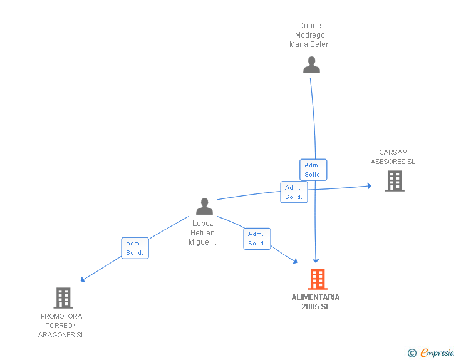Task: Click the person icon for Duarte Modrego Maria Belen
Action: coord(311,65)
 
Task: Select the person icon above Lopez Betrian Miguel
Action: coord(204,206)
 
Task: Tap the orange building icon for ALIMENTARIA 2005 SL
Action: coord(318,279)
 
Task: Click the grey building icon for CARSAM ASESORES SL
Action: coord(394,181)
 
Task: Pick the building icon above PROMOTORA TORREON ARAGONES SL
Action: coord(63,298)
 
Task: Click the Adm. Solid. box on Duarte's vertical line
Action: coord(313,170)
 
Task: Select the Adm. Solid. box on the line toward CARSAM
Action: coord(294,192)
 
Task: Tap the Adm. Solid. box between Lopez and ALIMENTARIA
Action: coord(257,239)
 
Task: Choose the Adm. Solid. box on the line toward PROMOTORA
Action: coord(135,248)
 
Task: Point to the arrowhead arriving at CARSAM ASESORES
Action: coord(369,186)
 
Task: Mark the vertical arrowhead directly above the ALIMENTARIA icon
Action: coord(316,260)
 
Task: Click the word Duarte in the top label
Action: coord(309,26)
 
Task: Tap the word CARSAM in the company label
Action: coord(393,152)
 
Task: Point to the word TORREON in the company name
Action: coord(61,326)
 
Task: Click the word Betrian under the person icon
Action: coord(202,233)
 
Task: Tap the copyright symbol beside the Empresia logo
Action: coord(412,353)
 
